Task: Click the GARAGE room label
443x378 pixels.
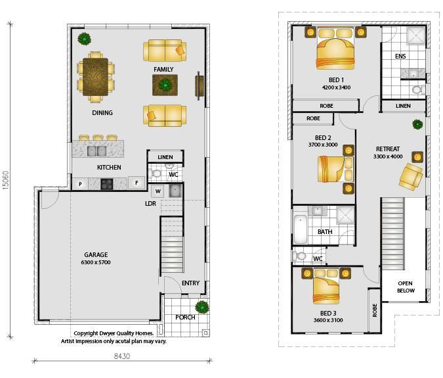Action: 96,254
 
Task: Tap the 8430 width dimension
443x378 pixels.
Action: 122,356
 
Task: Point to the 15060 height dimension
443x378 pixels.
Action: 6,180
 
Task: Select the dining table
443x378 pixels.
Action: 96,77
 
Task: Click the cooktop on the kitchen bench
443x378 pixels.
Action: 107,184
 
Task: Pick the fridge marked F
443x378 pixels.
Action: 137,183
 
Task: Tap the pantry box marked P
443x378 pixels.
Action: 80,184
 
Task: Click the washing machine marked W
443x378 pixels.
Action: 158,191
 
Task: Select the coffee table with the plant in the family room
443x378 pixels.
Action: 165,85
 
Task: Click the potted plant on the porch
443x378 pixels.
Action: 202,307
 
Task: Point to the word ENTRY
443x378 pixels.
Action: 191,283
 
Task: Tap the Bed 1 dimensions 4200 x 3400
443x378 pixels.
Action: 336,87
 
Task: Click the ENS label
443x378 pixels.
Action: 400,57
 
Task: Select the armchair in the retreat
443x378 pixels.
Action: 410,177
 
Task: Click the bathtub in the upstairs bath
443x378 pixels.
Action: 301,229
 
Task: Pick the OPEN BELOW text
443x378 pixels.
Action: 406,287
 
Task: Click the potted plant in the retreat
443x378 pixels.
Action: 417,124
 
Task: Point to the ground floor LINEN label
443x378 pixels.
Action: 165,157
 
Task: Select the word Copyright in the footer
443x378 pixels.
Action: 86,333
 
